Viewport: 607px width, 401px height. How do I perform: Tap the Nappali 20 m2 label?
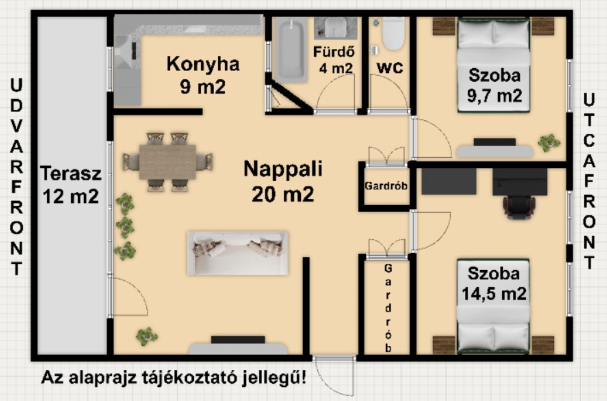click(x=283, y=181)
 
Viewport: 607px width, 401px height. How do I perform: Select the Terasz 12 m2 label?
click(x=71, y=185)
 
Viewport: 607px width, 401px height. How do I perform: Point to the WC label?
click(x=390, y=68)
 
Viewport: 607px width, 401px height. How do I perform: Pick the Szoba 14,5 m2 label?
click(x=494, y=283)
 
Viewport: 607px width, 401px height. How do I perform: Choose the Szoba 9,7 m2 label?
click(x=495, y=85)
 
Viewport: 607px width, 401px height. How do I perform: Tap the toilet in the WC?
click(x=394, y=33)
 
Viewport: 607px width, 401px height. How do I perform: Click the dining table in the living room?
click(x=167, y=162)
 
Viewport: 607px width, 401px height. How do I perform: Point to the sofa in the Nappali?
click(x=238, y=253)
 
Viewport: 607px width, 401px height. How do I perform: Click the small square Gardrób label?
click(x=386, y=186)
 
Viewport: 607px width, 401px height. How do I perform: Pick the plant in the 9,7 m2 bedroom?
click(x=549, y=143)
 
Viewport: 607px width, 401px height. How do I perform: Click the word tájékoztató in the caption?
click(x=189, y=378)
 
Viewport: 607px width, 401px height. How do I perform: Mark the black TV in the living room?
click(x=238, y=339)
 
